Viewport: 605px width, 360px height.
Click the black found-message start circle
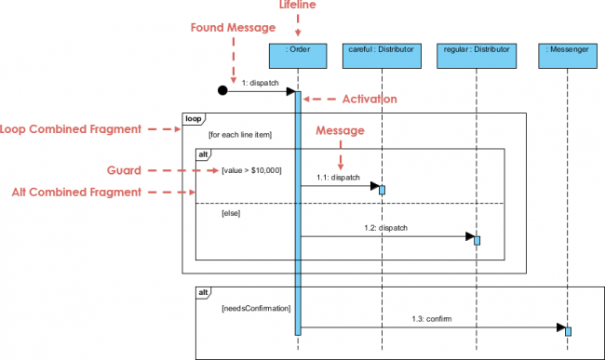(x=222, y=91)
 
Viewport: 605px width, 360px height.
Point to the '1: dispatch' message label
(x=261, y=82)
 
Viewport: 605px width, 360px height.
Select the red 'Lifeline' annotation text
(x=299, y=7)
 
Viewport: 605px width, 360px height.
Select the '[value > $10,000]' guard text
(x=251, y=170)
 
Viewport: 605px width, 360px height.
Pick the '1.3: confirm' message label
(x=432, y=318)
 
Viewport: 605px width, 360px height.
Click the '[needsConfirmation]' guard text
(x=256, y=307)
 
